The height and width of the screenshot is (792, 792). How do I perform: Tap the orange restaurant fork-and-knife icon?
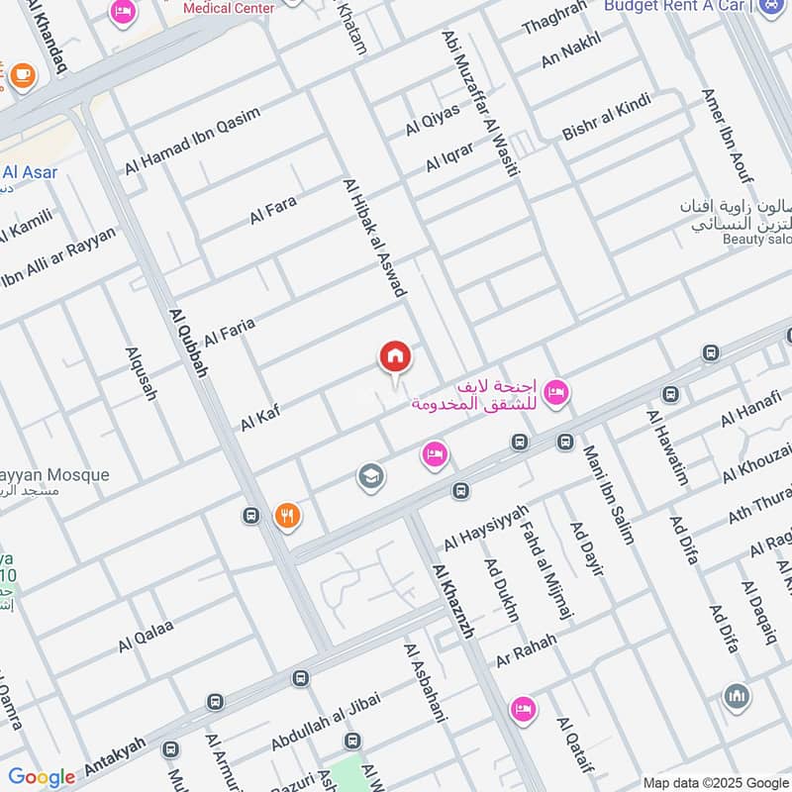tap(287, 515)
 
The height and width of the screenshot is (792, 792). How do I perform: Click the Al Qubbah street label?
tap(191, 341)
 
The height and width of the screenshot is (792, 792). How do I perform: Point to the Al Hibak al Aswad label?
tap(375, 238)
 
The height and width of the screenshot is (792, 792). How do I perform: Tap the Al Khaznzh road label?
tap(452, 601)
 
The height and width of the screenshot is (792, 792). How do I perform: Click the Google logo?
tap(42, 777)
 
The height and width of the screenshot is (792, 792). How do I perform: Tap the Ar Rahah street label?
tap(527, 646)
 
